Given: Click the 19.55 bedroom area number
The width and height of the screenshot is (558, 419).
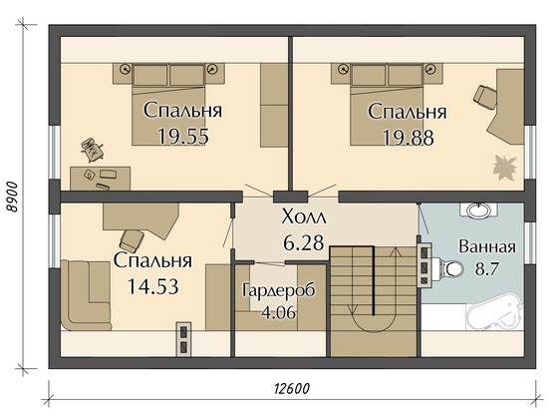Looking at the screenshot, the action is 183,136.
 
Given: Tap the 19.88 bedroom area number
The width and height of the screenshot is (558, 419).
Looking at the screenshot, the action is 409,138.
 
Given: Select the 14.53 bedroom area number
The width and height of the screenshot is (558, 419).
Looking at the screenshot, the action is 152,286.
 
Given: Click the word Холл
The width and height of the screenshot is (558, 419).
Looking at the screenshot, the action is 304,216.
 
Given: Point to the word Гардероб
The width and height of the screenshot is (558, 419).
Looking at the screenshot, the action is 279,290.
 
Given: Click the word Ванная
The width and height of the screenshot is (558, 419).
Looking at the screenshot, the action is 487,246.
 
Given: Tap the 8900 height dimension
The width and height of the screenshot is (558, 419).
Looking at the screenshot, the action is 13,197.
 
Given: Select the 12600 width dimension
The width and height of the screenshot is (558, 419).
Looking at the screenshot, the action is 292,388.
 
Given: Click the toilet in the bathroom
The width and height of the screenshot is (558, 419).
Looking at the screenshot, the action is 450,269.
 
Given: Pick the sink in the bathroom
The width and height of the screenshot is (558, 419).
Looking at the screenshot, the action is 478,210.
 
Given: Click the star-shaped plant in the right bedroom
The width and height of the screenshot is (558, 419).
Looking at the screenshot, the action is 504,168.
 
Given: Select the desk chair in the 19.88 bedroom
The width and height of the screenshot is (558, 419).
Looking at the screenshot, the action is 485,97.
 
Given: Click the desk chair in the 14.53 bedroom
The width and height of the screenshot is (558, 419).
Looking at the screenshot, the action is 132,240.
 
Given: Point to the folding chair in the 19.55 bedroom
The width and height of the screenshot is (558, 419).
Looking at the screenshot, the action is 92,150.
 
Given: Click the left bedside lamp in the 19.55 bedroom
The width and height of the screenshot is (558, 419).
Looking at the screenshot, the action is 125,69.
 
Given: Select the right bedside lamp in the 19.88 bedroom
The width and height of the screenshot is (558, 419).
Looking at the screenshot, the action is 430,69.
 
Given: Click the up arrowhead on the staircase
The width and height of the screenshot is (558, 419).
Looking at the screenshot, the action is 395,251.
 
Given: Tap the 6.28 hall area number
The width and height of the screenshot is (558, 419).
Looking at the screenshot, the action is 304,243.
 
